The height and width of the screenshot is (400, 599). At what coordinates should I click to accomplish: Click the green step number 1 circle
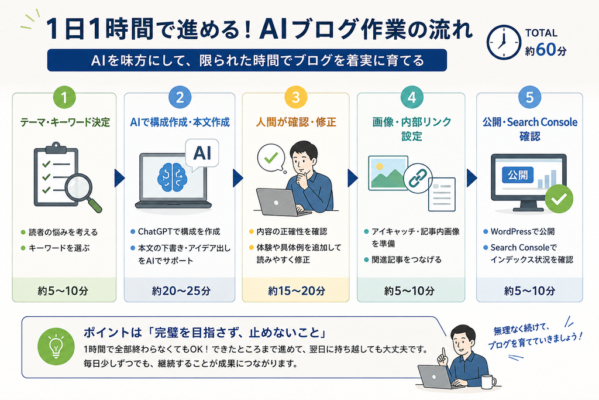(64, 97)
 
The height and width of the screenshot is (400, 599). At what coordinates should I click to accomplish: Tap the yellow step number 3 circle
(295, 97)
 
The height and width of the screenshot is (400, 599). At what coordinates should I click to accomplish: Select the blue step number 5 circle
(529, 97)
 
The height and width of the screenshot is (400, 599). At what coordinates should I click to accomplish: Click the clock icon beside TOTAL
(504, 42)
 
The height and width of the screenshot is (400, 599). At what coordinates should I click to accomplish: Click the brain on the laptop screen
(172, 177)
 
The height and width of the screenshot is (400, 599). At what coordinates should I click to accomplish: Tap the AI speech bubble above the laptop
(202, 155)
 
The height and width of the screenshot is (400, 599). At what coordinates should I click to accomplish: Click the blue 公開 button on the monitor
(518, 176)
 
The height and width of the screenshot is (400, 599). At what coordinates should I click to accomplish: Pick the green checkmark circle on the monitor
(559, 199)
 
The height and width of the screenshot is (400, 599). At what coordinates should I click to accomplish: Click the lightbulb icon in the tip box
(56, 347)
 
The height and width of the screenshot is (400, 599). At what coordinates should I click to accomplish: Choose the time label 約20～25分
(181, 291)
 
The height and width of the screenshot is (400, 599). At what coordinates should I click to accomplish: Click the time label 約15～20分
(297, 291)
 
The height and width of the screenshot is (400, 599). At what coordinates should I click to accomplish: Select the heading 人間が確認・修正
(296, 122)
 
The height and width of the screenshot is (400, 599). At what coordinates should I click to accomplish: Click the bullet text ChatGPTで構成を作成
(179, 231)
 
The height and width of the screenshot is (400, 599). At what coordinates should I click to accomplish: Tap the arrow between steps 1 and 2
(119, 178)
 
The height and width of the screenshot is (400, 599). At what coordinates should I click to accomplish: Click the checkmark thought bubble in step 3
(271, 158)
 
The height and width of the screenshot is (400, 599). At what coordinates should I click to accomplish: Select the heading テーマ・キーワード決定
(65, 122)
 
